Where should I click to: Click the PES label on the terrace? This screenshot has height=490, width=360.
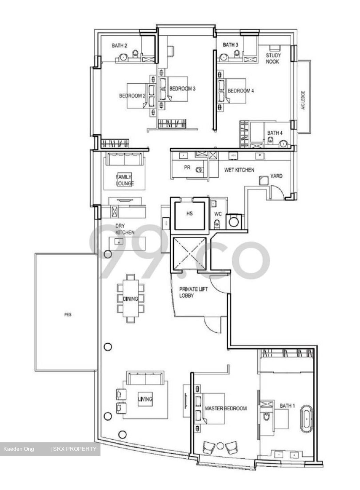68,315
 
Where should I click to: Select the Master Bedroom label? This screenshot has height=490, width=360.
226,408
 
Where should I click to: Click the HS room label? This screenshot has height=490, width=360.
190,214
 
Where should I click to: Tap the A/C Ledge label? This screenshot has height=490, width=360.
303,100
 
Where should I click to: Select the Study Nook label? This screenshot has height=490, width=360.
273,59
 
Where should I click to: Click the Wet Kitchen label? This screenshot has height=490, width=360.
239,170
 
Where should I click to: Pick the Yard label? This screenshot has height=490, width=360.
276,176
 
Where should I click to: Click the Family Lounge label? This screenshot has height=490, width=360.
125,180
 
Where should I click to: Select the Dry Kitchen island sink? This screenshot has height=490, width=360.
119,242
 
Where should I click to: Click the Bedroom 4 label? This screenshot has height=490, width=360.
241,91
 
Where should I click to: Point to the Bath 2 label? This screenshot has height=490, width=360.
120,46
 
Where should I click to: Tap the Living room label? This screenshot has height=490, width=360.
145,399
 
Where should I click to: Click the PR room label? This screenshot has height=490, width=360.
187,168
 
